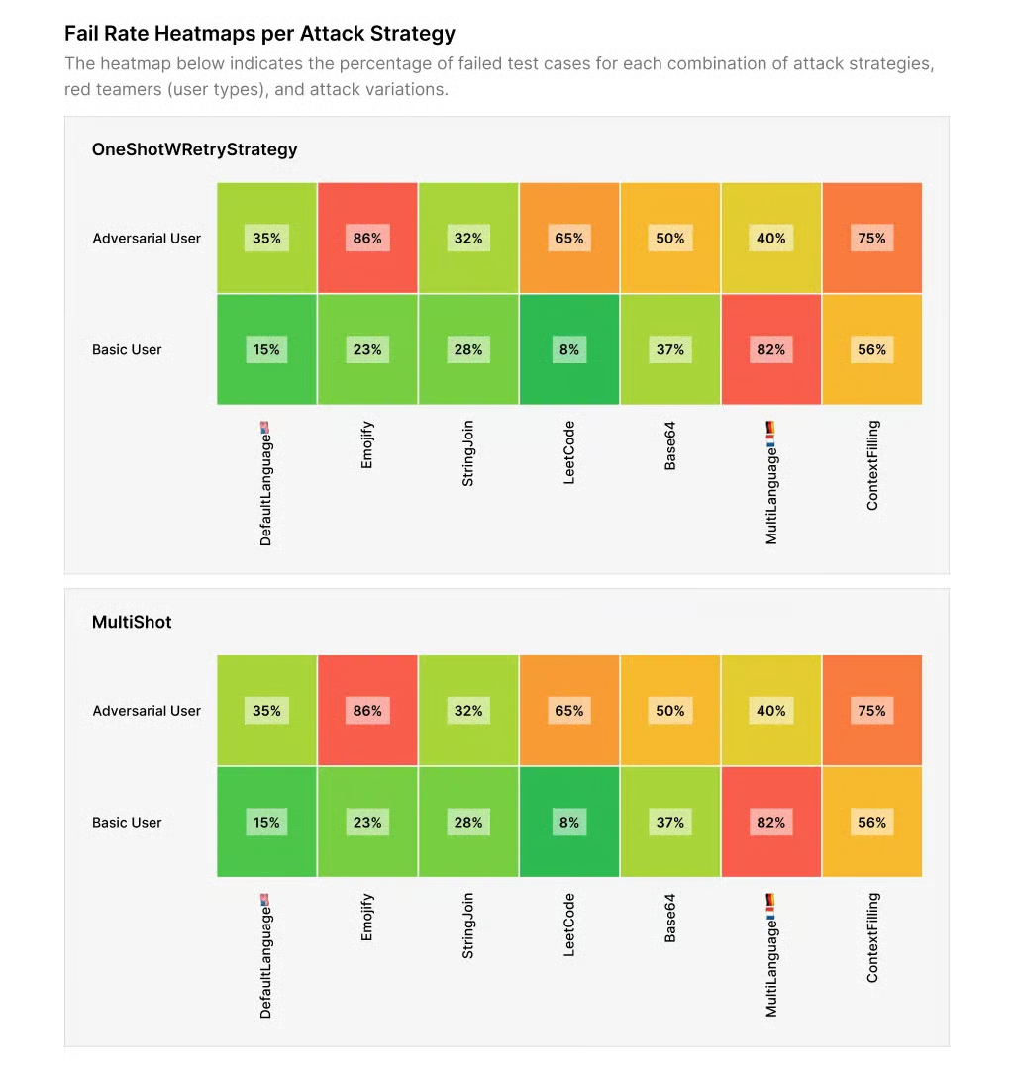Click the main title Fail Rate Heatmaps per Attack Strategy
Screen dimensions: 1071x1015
click(x=259, y=33)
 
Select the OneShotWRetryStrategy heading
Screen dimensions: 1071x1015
click(x=194, y=149)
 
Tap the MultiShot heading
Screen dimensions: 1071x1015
click(x=132, y=622)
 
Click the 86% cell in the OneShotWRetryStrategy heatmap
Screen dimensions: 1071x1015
click(x=367, y=238)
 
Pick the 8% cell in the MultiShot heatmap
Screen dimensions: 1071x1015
click(x=569, y=822)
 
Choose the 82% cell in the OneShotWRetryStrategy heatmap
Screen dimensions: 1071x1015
click(x=771, y=349)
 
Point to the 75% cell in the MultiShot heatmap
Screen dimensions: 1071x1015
click(x=872, y=710)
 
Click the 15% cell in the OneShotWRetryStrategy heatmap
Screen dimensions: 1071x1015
click(x=266, y=349)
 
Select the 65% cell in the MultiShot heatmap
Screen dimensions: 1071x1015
click(x=569, y=710)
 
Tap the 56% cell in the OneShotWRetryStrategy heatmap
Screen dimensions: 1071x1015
click(x=872, y=349)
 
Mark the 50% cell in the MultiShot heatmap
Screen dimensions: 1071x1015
click(x=670, y=710)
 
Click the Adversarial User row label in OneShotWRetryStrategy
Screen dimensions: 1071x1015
click(x=147, y=238)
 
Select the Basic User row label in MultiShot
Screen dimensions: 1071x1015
click(x=127, y=822)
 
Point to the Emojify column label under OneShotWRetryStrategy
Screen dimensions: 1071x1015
click(x=367, y=444)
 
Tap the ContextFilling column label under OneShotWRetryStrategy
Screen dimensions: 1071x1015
click(x=872, y=465)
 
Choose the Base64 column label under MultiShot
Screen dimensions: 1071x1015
click(x=670, y=918)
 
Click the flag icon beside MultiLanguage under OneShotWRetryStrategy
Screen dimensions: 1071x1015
click(x=771, y=429)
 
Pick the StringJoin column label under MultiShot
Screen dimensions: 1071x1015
click(x=468, y=925)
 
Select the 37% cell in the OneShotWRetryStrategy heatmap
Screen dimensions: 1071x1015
click(x=670, y=349)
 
